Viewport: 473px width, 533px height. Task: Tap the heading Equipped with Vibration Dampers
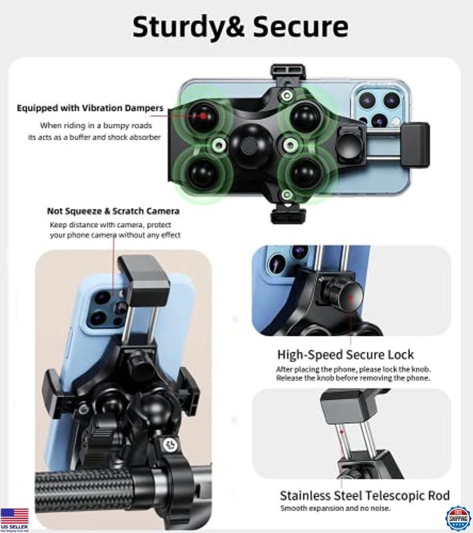click(90, 108)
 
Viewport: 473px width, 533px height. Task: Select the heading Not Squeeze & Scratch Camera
click(113, 211)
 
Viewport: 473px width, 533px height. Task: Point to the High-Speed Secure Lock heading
click(345, 354)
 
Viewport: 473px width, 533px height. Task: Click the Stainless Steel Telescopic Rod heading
click(364, 496)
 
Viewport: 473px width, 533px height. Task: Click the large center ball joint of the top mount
click(248, 143)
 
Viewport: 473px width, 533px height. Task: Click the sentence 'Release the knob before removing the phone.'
click(353, 378)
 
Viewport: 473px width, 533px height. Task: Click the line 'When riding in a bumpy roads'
click(96, 125)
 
